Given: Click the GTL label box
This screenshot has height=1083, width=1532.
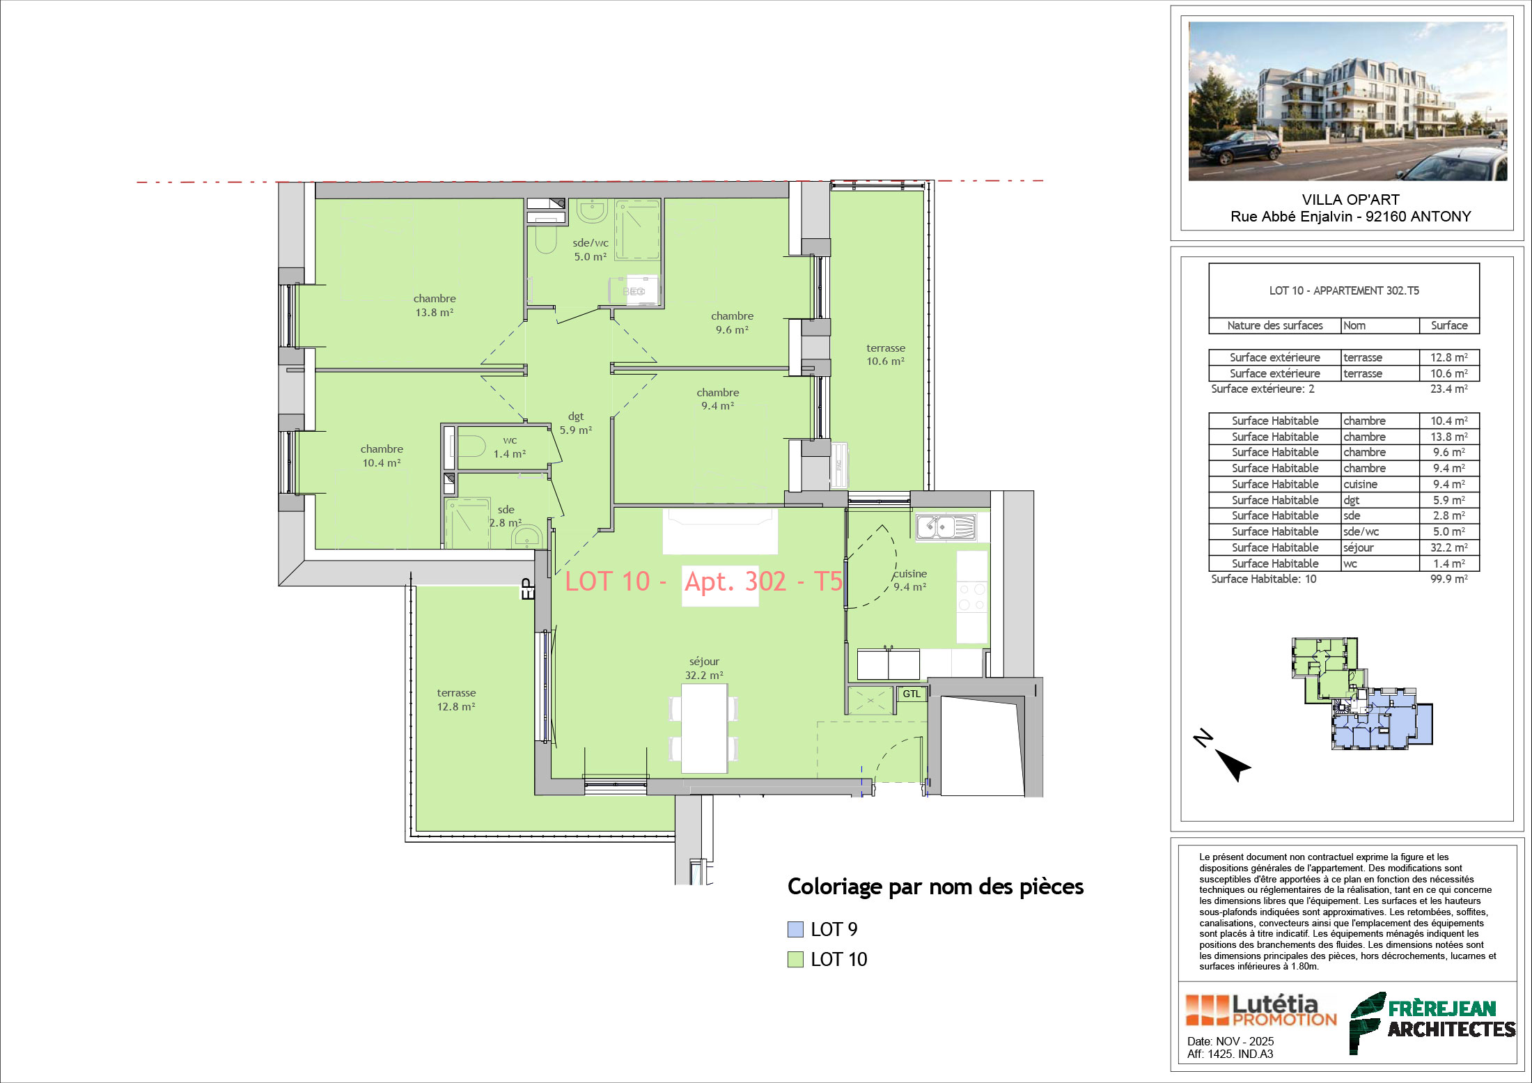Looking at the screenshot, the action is click(912, 694).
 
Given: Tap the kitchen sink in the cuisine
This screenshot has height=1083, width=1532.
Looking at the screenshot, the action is click(946, 527).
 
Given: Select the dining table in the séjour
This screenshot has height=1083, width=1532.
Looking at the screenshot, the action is click(704, 729).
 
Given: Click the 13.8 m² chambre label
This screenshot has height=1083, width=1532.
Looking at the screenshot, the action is click(435, 306).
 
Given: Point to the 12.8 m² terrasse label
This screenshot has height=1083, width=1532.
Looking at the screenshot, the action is click(456, 700).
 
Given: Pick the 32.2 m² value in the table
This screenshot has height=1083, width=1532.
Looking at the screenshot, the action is click(1448, 547).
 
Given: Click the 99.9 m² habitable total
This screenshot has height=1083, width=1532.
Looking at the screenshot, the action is click(1448, 579).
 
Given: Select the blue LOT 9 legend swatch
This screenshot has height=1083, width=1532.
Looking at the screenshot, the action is click(795, 929).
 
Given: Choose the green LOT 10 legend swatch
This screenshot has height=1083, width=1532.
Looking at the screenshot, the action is click(795, 959).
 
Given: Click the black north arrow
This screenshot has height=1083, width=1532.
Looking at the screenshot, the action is click(1233, 765).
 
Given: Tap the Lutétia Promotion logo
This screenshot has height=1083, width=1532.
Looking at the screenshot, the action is click(1261, 1011).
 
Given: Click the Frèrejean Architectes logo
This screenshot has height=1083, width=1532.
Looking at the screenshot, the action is click(1432, 1022).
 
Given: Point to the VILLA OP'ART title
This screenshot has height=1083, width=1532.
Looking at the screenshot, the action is click(1351, 200).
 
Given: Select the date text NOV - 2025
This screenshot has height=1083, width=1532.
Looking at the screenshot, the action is click(1245, 1041).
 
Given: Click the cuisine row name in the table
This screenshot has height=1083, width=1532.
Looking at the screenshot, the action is click(1361, 484).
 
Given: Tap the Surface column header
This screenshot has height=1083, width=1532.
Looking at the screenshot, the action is click(1449, 325).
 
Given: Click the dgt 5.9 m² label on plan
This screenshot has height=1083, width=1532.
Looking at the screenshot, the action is click(576, 423).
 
